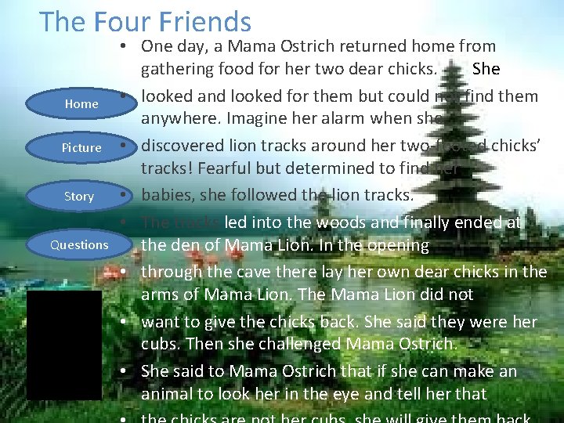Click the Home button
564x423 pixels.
pyautogui.click(x=81, y=103)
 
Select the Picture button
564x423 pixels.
pyautogui.click(x=81, y=147)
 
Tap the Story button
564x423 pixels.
pyautogui.click(x=79, y=196)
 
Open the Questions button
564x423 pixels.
pyautogui.click(x=79, y=244)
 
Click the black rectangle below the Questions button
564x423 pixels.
pyautogui.click(x=63, y=345)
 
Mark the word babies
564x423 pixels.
pyautogui.click(x=168, y=194)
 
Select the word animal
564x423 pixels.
pyautogui.click(x=168, y=394)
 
